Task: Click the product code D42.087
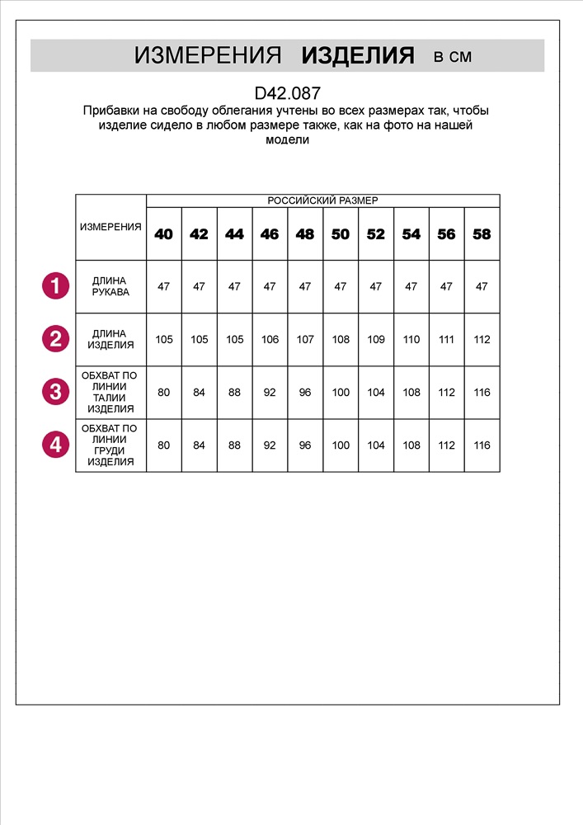point(288,94)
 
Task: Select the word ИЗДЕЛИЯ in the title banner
point(358,56)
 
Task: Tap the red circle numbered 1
point(55,286)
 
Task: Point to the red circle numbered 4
point(55,445)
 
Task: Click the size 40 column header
point(164,234)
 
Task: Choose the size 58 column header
point(482,234)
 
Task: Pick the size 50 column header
point(341,234)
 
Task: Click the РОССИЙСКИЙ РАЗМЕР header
point(322,200)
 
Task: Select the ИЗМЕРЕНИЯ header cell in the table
point(110,227)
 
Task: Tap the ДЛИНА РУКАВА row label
point(110,286)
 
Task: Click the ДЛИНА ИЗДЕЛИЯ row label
point(110,339)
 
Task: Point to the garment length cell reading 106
point(270,339)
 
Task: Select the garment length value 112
point(482,339)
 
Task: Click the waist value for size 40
point(164,392)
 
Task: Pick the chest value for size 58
point(482,445)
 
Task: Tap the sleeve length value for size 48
point(305,286)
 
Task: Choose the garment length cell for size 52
point(376,339)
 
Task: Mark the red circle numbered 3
point(55,392)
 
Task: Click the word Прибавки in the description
point(109,111)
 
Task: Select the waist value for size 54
point(411,392)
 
